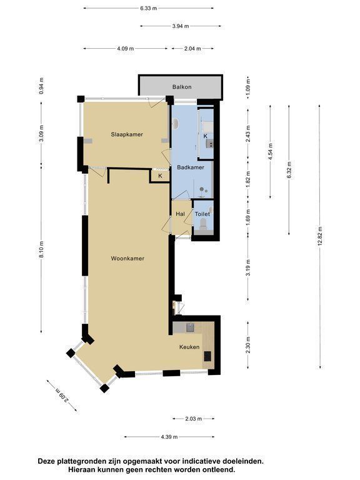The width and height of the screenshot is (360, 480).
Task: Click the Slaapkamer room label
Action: point(127,134)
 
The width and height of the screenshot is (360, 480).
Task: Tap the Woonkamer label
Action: point(127,258)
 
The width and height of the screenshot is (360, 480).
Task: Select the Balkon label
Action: point(182,87)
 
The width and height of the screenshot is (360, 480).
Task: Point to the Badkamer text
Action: point(191,167)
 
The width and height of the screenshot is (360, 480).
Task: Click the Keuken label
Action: point(189,347)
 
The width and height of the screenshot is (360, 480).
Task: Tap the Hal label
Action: point(180,214)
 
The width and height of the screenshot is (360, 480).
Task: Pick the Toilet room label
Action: point(202,214)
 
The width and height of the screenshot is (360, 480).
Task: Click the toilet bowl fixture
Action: point(202,225)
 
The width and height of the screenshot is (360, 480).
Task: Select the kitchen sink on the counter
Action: point(191,327)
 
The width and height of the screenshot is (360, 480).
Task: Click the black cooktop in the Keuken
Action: point(208,356)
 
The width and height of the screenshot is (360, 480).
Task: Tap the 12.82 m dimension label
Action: point(320,236)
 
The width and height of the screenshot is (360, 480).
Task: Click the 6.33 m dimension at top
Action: point(149,9)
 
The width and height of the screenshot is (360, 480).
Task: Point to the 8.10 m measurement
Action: point(42,250)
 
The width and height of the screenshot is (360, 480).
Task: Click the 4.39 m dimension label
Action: point(169,437)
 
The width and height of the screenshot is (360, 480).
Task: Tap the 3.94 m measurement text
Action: point(180,26)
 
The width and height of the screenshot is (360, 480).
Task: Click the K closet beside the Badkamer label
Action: point(160,176)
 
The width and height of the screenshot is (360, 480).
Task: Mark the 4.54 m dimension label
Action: point(270,151)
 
